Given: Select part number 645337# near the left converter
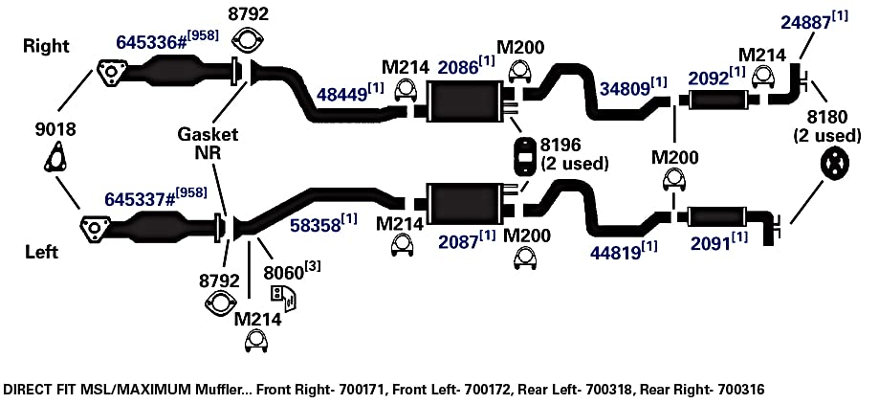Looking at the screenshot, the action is pyautogui.click(x=139, y=200).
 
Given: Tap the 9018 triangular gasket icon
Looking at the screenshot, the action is pyautogui.click(x=55, y=157).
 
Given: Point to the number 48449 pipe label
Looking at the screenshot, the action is pyautogui.click(x=343, y=93).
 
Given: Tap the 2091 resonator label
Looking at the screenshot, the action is pyautogui.click(x=712, y=243).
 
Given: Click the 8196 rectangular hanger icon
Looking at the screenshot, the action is pyautogui.click(x=523, y=155).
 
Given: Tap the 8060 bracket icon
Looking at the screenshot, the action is pyautogui.click(x=283, y=298).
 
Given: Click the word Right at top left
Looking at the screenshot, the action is pyautogui.click(x=47, y=47).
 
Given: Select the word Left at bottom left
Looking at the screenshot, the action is pyautogui.click(x=41, y=252).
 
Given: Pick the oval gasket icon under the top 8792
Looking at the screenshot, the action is pyautogui.click(x=248, y=40).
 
